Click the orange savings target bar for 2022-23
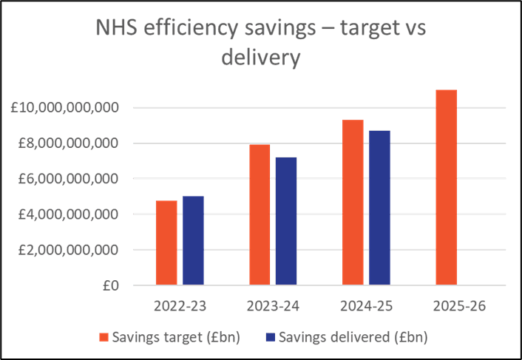pyautogui.click(x=166, y=242)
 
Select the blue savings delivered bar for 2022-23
pyautogui.click(x=193, y=240)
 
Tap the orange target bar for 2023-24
pyautogui.click(x=260, y=214)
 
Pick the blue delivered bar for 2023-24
pyautogui.click(x=286, y=221)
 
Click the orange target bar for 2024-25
pyautogui.click(x=353, y=202)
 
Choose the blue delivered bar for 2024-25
pyautogui.click(x=379, y=208)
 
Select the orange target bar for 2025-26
pyautogui.click(x=446, y=187)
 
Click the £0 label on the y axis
pyautogui.click(x=112, y=285)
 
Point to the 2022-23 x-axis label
pyautogui.click(x=180, y=305)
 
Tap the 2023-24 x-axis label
pyautogui.click(x=273, y=305)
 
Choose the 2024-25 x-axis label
pyautogui.click(x=366, y=305)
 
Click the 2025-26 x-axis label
pyautogui.click(x=459, y=305)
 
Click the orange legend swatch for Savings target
pyautogui.click(x=104, y=337)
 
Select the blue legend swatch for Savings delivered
pyautogui.click(x=269, y=337)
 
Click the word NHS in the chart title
pyautogui.click(x=116, y=29)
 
